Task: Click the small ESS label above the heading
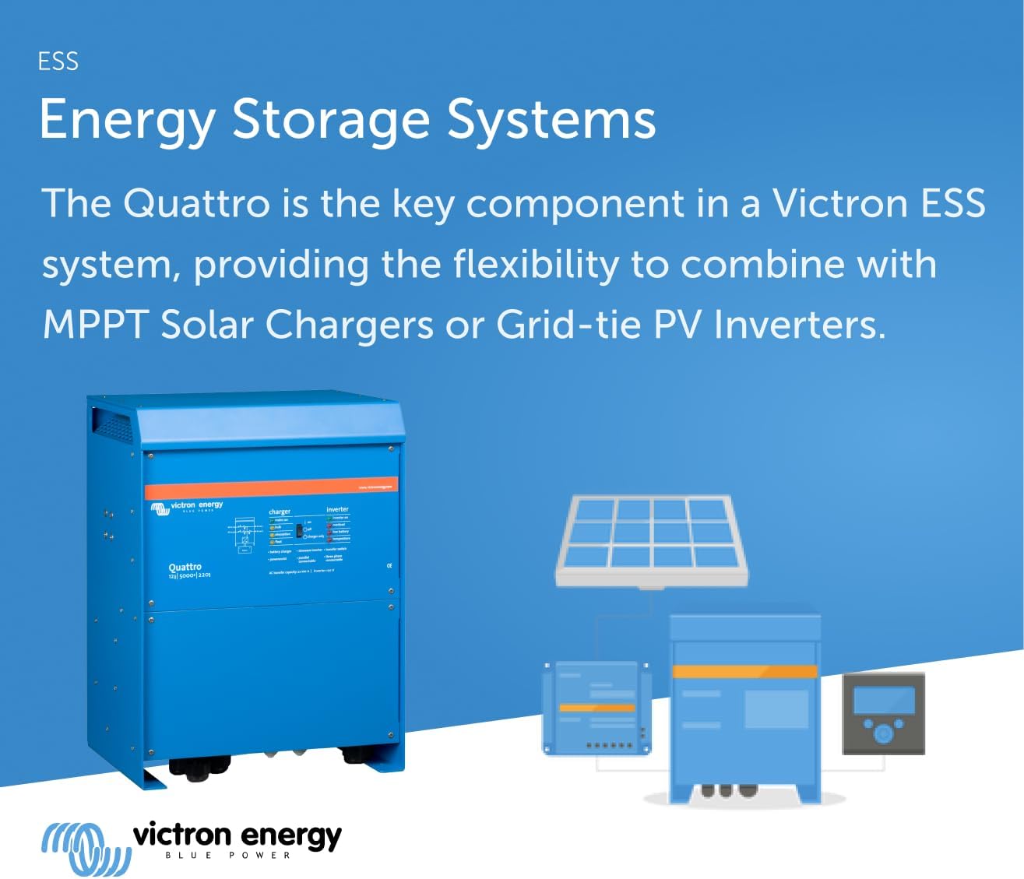coord(58,62)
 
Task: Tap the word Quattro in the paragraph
coord(196,203)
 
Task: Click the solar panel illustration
coord(652,540)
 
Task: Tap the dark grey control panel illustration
coord(883,714)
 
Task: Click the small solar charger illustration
coord(596,708)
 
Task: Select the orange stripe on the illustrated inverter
coord(744,671)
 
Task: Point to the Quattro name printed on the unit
coord(185,567)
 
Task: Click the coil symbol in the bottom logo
coord(85,848)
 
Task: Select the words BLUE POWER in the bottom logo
coord(227,856)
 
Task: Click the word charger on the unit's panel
coord(280,512)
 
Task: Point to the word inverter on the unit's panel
coord(337,509)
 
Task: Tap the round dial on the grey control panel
coord(883,733)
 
